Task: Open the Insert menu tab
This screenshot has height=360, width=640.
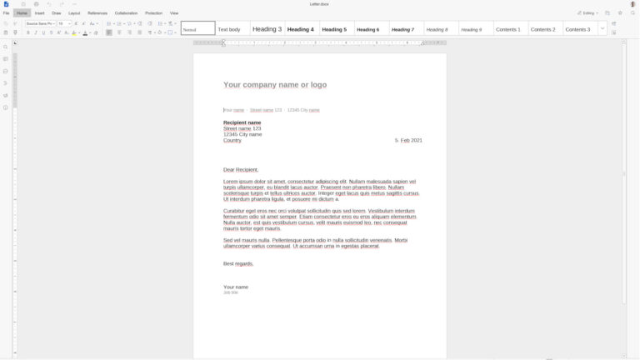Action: pyautogui.click(x=40, y=13)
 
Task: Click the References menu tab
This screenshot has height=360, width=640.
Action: pyautogui.click(x=97, y=13)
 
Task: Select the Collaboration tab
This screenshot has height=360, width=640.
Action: pyautogui.click(x=126, y=13)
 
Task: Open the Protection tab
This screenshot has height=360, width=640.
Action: pyautogui.click(x=154, y=13)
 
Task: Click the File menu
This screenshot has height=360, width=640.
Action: pyautogui.click(x=6, y=13)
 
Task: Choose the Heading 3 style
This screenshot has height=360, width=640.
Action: pyautogui.click(x=267, y=29)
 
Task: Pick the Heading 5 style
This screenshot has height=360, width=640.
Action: pyautogui.click(x=334, y=29)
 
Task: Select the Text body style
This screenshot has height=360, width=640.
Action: pyautogui.click(x=229, y=29)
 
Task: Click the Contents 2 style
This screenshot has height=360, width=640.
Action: pyautogui.click(x=542, y=29)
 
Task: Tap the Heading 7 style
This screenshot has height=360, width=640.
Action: pyautogui.click(x=402, y=29)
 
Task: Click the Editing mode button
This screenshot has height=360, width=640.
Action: pyautogui.click(x=588, y=13)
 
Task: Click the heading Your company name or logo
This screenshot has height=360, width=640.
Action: pyautogui.click(x=275, y=85)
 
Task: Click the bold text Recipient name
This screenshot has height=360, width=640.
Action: pyautogui.click(x=242, y=122)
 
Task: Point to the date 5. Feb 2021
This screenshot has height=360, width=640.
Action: pyautogui.click(x=408, y=140)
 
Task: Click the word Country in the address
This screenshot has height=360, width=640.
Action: pyautogui.click(x=232, y=140)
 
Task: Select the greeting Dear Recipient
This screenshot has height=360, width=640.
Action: pyautogui.click(x=241, y=169)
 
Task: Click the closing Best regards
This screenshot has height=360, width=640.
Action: pyautogui.click(x=238, y=263)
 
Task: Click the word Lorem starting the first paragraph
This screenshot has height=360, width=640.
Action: pyautogui.click(x=231, y=181)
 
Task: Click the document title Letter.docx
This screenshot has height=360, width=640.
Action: pyautogui.click(x=320, y=4)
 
